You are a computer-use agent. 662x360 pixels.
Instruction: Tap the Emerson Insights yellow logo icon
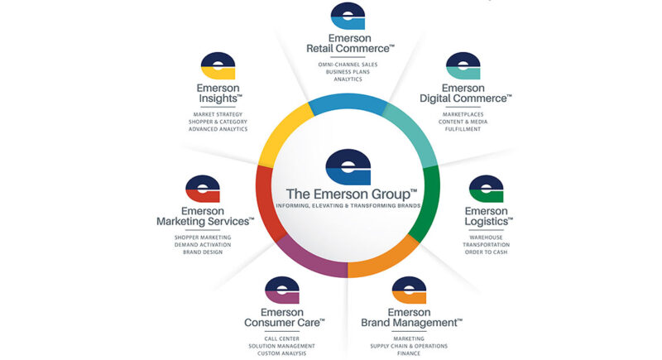pyautogui.click(x=218, y=67)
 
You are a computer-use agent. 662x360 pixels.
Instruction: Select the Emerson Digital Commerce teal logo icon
pyautogui.click(x=463, y=66)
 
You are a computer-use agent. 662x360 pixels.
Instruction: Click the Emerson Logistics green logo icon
pyautogui.click(x=486, y=190)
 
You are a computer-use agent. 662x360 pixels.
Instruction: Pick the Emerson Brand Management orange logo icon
pyautogui.click(x=410, y=290)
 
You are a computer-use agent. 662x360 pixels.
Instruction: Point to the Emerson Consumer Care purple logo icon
pyautogui.click(x=282, y=290)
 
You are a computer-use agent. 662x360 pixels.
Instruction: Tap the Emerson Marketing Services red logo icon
pyautogui.click(x=202, y=190)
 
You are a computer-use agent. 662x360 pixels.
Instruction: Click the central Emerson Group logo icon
pyautogui.click(x=348, y=166)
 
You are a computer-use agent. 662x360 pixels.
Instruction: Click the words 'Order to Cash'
pyautogui.click(x=486, y=252)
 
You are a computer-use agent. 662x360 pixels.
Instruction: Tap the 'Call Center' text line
pyautogui.click(x=283, y=338)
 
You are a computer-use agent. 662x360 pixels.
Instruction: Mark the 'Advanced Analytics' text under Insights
pyautogui.click(x=218, y=128)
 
